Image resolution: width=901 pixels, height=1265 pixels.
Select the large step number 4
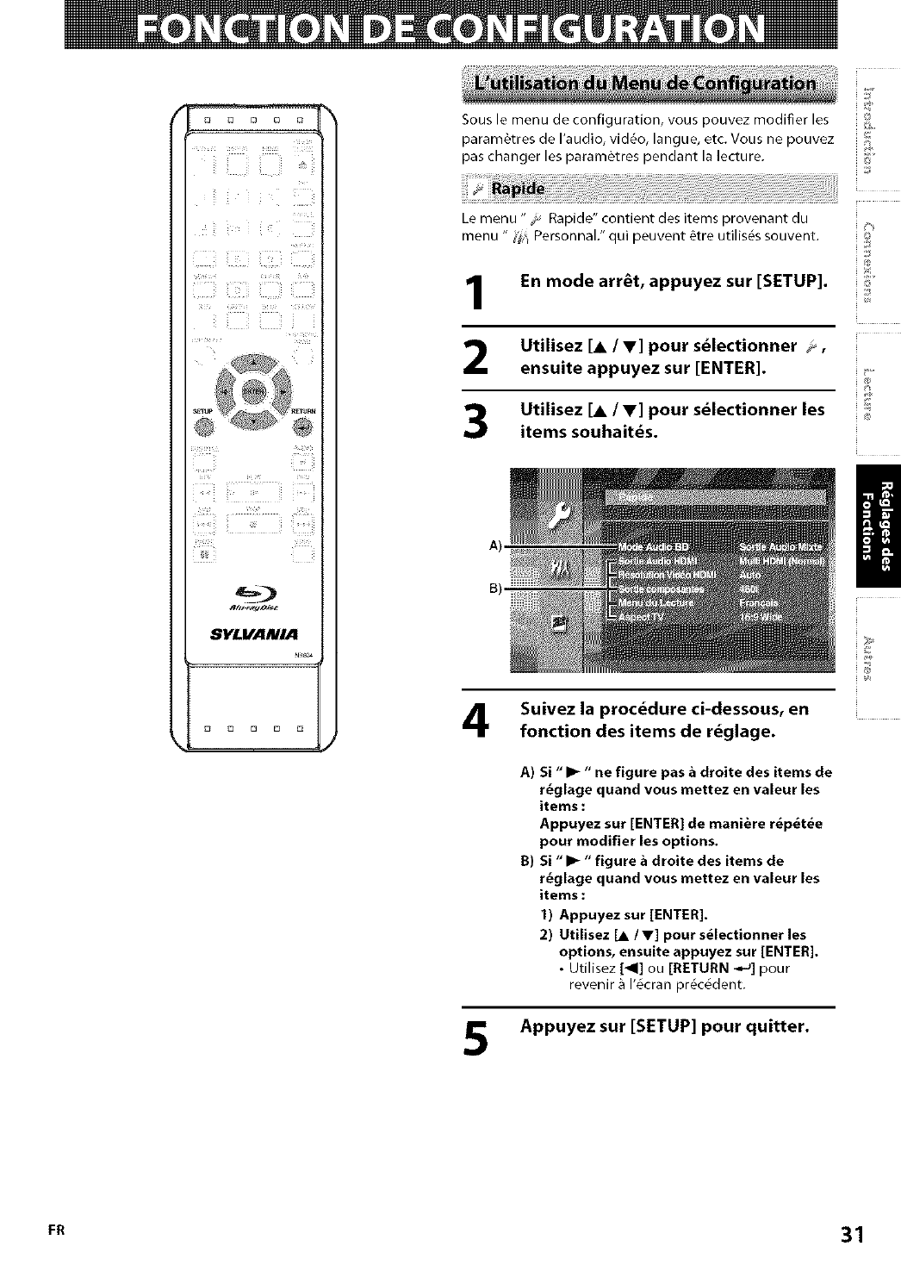[476, 723]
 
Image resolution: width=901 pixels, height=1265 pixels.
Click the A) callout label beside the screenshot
[494, 545]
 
